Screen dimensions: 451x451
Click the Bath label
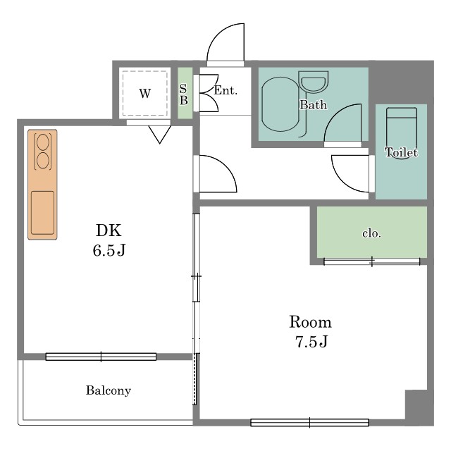click(313, 105)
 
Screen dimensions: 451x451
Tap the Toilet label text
click(401, 152)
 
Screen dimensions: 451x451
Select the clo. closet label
click(371, 233)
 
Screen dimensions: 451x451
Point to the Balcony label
click(109, 390)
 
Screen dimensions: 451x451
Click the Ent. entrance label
click(225, 91)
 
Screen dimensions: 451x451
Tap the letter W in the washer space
click(144, 94)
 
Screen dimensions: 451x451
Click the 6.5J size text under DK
click(109, 250)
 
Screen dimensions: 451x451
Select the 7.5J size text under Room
click(311, 341)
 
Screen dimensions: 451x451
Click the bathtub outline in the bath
click(262, 104)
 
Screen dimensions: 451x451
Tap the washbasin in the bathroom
click(314, 82)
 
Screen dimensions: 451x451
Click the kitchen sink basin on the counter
click(42, 213)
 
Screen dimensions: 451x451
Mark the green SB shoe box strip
click(185, 93)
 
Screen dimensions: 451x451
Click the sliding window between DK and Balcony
click(101, 357)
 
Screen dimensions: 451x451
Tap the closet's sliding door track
click(371, 261)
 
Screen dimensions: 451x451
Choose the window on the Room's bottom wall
click(309, 423)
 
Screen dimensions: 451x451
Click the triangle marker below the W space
click(160, 135)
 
